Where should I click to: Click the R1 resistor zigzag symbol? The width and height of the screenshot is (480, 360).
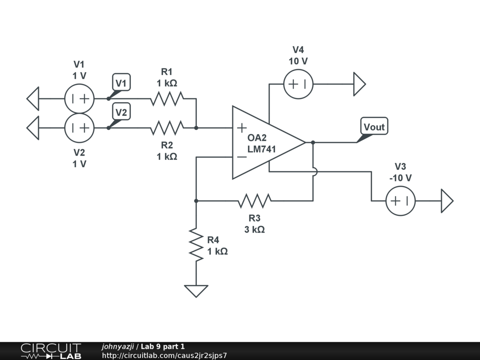167,99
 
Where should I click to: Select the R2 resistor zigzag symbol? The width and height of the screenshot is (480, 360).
167,127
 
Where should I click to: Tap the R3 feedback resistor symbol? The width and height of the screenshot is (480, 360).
254,201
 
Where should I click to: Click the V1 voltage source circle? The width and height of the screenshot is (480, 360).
80,99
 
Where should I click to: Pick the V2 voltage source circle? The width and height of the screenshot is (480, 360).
80,127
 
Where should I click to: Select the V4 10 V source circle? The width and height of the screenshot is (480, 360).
298,84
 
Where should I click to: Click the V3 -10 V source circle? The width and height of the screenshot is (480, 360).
400,201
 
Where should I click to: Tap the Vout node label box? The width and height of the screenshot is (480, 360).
374,127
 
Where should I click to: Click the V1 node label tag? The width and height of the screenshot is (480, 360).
121,83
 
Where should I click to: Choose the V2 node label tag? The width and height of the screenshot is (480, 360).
121,112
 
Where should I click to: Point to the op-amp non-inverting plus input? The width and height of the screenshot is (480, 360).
242,127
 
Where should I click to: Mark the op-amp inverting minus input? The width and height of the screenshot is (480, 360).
242,157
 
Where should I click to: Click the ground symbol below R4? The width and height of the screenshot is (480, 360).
196,291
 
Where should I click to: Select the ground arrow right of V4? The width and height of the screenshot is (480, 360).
359,84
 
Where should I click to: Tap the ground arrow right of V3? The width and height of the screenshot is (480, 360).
447,201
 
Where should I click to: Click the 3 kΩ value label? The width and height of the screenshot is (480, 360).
254,230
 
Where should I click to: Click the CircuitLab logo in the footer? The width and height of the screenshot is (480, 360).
51,351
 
